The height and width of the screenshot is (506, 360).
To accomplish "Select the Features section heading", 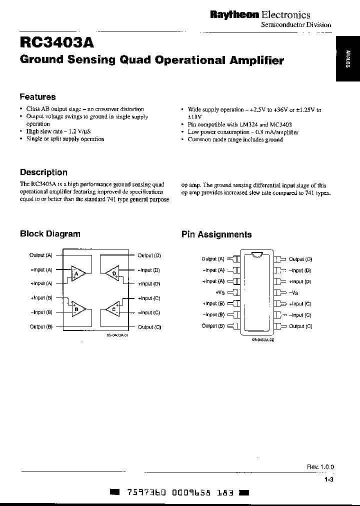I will tap(37, 97).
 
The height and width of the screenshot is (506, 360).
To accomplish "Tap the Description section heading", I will tap(43, 172).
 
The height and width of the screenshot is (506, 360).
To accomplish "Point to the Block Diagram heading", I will tap(50, 233).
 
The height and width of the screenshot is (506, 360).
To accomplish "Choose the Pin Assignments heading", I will tap(216, 234).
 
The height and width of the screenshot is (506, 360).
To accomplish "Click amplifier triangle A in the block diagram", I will tap(77, 273).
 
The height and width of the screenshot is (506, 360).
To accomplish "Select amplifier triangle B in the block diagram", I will tap(77, 309).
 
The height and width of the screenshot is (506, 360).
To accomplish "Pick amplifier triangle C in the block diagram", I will tap(113, 309).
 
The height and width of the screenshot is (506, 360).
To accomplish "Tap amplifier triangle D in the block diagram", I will tap(113, 273).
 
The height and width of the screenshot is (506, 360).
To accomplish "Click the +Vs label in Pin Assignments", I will tap(220, 292).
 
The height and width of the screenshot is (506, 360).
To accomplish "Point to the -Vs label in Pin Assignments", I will tap(293, 292).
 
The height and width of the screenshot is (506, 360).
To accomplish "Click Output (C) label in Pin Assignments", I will tap(300, 326).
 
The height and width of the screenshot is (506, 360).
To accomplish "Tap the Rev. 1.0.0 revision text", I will tap(320, 466).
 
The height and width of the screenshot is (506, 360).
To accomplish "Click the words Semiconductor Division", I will tap(296, 25).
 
